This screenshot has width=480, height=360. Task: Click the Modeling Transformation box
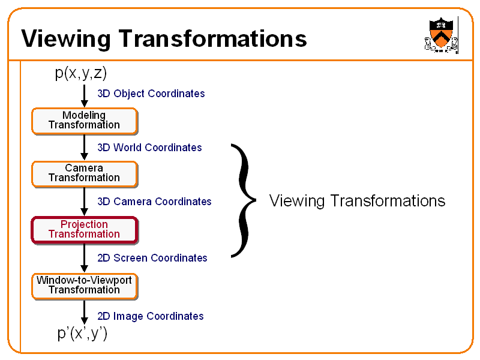point(84,121)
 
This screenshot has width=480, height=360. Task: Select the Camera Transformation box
point(84,173)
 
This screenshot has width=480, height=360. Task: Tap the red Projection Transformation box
point(84,230)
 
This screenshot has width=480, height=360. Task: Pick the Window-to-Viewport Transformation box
point(84,286)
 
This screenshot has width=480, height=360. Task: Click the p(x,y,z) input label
point(81,73)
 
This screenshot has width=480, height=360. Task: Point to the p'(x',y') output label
point(83,333)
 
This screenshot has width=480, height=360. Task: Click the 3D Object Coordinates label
point(151,94)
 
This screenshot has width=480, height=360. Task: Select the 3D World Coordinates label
point(149,148)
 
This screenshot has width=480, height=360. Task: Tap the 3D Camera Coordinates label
point(154,202)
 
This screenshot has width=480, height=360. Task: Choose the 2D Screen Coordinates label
point(152,258)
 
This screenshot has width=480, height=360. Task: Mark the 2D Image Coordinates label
point(150,316)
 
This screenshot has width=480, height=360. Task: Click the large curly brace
point(242,200)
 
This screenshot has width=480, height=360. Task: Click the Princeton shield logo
point(440,34)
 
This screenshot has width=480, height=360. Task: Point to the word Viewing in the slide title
point(66,39)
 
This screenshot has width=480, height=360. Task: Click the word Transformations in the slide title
point(212,39)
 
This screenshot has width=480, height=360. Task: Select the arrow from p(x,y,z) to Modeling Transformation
point(84,95)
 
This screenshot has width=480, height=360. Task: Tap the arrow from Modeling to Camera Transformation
point(84,148)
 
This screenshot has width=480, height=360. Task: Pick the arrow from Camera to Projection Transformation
point(84,202)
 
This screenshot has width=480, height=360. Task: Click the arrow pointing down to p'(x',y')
point(84,313)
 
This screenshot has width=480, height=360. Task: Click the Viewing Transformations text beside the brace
point(357,200)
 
